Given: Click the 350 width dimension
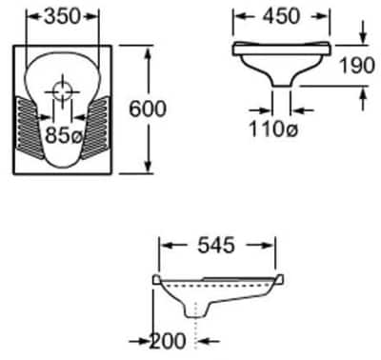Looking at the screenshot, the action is (63, 16).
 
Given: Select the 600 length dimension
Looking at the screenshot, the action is (148, 109).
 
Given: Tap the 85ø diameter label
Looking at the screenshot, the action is (64, 135).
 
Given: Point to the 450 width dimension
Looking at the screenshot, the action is (281, 16).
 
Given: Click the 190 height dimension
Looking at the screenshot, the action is (357, 66).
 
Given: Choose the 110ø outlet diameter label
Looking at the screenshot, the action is (273, 130).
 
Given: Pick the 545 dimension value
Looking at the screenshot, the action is (216, 246).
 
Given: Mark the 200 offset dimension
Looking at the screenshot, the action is (167, 341).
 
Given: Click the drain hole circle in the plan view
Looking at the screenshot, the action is (62, 91).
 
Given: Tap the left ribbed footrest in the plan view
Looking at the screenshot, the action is (30, 127).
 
